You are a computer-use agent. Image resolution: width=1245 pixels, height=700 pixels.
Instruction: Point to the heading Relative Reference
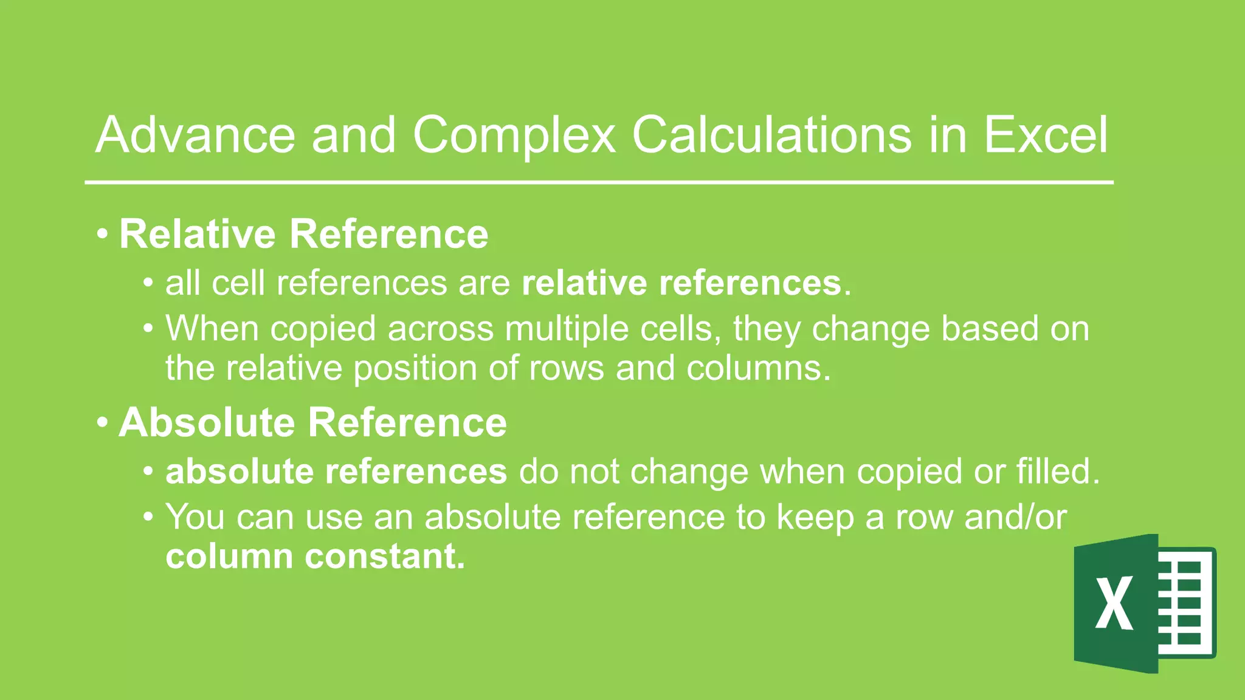click(303, 234)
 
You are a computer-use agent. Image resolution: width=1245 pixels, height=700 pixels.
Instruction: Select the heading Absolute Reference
click(312, 422)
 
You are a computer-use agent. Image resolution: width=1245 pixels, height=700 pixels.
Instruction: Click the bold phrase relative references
click(681, 283)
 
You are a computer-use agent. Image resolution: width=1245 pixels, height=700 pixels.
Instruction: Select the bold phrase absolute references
click(336, 472)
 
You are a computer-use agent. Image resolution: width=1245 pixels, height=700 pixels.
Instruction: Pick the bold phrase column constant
click(315, 556)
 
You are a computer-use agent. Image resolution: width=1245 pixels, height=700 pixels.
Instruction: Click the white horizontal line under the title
click(599, 182)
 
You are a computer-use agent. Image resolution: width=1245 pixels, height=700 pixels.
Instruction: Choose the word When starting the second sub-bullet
click(212, 329)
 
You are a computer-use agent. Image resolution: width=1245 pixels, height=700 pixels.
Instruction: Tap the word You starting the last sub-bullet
click(195, 517)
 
